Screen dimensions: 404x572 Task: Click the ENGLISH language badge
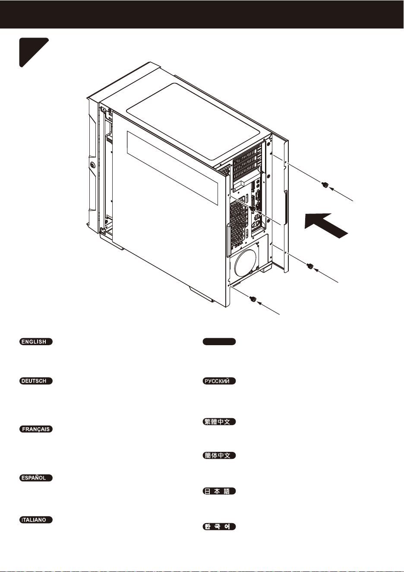click(x=36, y=342)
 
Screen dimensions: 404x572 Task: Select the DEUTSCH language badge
click(x=36, y=381)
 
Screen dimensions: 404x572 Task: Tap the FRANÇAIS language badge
click(x=36, y=429)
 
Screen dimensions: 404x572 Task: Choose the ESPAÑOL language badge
click(x=36, y=478)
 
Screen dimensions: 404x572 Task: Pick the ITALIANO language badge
click(x=36, y=520)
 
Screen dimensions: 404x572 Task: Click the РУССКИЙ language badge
click(x=219, y=381)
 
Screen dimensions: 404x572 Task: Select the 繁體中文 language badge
click(x=219, y=422)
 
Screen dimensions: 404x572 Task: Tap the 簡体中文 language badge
click(x=219, y=455)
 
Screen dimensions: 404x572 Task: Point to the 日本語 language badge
click(x=219, y=491)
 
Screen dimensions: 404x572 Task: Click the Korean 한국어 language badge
click(x=219, y=527)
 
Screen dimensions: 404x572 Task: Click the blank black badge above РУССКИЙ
click(x=219, y=342)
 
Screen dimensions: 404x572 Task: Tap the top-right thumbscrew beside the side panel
click(x=325, y=184)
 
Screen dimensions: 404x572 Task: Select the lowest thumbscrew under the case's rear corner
click(x=253, y=299)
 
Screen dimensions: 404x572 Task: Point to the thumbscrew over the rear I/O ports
click(x=253, y=209)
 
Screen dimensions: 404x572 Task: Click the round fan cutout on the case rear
click(x=245, y=262)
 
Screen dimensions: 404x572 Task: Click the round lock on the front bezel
click(x=92, y=165)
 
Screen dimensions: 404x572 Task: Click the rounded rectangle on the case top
click(x=193, y=122)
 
